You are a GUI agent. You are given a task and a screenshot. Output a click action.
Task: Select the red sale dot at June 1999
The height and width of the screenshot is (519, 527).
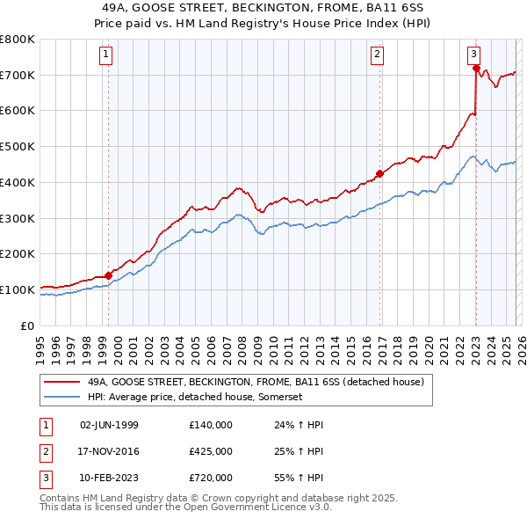point(109,274)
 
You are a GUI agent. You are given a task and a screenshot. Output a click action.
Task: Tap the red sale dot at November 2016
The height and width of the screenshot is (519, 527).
point(379,173)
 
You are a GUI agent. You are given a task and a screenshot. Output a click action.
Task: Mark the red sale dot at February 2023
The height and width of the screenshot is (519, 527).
point(476,68)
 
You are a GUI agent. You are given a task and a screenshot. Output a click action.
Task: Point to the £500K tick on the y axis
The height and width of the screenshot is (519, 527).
point(18,147)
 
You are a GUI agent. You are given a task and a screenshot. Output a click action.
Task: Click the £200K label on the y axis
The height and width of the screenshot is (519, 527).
point(18,254)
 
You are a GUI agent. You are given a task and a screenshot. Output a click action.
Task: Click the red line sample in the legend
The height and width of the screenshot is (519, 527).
point(61,383)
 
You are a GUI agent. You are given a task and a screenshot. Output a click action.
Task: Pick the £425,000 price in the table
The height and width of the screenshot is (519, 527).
point(211,451)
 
